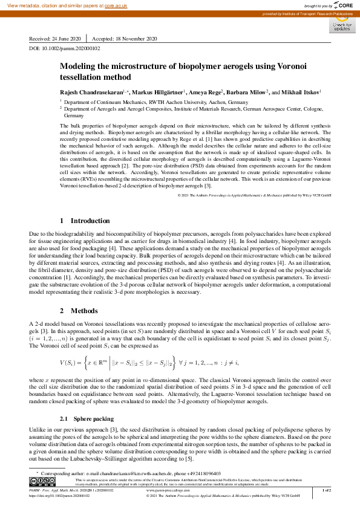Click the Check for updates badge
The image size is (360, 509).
coord(341,25)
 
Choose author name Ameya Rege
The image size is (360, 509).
coord(203,92)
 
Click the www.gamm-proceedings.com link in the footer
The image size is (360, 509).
coord(169,490)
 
